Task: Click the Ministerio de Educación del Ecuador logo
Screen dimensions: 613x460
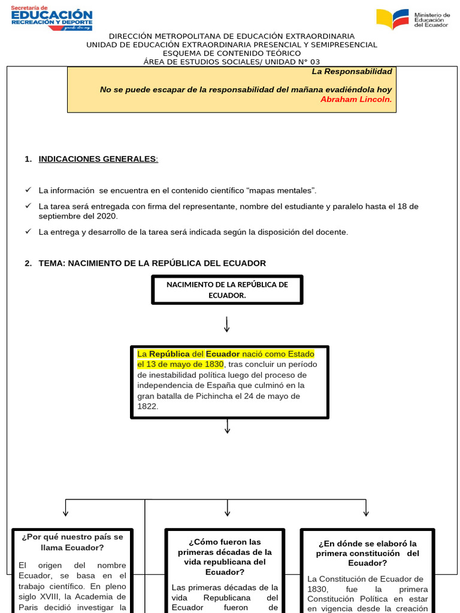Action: (413, 20)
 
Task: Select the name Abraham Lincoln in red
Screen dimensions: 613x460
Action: (356, 99)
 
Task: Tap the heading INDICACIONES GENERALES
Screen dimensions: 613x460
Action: (98, 159)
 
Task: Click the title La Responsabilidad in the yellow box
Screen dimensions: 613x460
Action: (352, 71)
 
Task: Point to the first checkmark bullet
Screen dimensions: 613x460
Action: (28, 190)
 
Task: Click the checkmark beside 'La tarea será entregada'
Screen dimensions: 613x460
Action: (28, 205)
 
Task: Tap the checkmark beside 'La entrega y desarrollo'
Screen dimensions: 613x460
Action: (28, 231)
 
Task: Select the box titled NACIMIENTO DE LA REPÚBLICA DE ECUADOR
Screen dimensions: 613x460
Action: (227, 290)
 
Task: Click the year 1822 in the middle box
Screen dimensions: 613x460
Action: (147, 406)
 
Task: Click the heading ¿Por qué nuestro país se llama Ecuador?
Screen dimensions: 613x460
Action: (72, 542)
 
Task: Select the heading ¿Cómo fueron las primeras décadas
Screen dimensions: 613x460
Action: (225, 557)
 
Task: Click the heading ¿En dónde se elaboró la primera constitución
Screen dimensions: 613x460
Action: (367, 553)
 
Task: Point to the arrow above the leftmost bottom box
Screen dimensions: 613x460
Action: (65, 508)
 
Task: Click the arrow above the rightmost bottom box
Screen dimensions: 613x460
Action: (367, 508)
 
